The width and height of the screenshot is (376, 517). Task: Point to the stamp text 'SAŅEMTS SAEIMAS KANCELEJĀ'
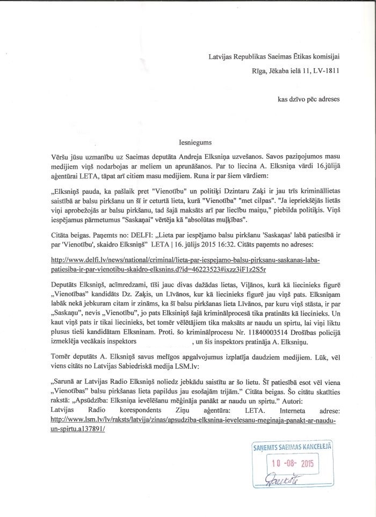pos(292,446)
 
